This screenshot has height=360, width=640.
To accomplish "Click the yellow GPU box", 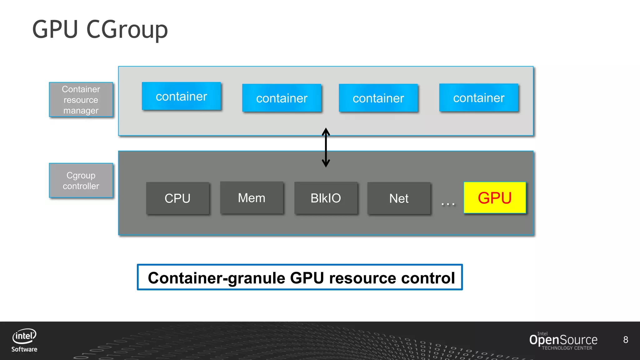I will [x=495, y=198].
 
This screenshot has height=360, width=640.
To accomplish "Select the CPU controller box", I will [x=177, y=198].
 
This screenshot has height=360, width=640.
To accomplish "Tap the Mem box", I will [x=252, y=198].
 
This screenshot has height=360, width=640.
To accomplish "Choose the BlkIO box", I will [x=326, y=198].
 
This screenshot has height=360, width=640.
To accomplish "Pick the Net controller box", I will [x=399, y=198].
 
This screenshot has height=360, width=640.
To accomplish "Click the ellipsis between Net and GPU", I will [x=448, y=204].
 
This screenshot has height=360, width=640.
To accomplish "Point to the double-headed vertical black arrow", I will [x=326, y=147].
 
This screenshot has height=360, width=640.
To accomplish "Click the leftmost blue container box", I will [x=181, y=96].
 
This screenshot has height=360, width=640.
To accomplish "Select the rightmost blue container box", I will [x=479, y=98].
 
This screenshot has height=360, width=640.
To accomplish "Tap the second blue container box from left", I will [x=282, y=98].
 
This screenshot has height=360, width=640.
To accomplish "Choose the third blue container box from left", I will [x=378, y=98].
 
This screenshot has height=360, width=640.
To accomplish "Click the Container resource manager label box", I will [x=81, y=100].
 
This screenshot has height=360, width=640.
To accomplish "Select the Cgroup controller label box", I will [x=81, y=181].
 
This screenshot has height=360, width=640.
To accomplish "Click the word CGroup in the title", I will [x=127, y=30].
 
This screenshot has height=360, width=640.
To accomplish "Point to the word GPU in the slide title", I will [x=55, y=29].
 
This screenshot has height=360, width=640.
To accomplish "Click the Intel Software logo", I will [x=24, y=340].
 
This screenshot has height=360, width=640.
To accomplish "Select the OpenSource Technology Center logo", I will [x=563, y=341].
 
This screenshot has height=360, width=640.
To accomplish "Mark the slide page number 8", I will [x=625, y=340].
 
